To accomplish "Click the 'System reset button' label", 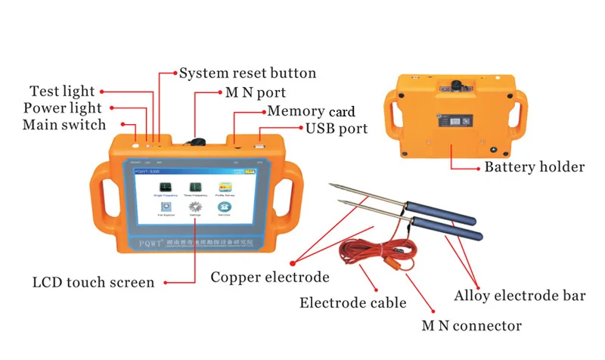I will (247, 74).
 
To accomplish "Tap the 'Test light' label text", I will (61, 92).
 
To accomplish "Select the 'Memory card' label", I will (311, 112).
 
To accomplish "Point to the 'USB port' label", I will (337, 129).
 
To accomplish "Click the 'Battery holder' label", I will (534, 167).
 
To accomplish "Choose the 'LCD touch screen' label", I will (93, 283).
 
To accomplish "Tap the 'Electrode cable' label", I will (353, 303).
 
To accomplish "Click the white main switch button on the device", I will (136, 145).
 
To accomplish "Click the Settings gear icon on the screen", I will (194, 207).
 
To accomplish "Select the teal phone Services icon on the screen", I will (225, 207).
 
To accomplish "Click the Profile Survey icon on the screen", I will (225, 187).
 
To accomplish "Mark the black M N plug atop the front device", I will (198, 140).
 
